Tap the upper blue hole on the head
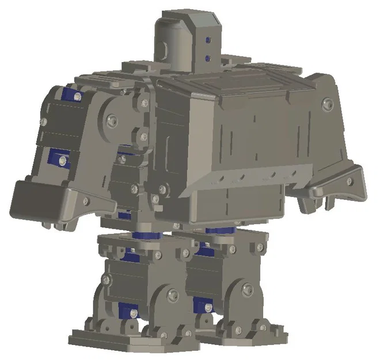(x=208, y=40)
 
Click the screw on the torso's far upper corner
(x=328, y=104)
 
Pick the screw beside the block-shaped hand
(x=86, y=202)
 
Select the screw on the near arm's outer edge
(x=43, y=122)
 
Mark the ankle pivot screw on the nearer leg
(x=172, y=295)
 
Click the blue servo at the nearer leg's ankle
(x=126, y=312)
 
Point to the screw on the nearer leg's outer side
(x=105, y=279)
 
